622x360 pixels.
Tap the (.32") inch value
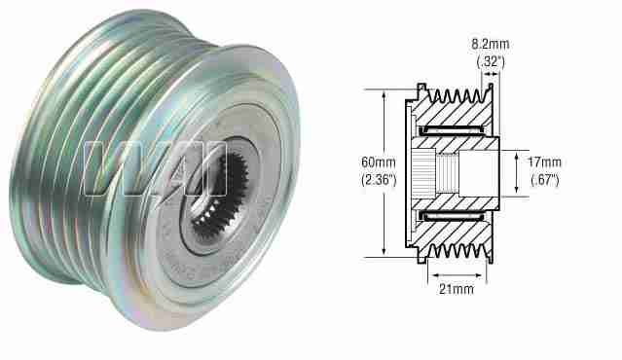click(x=490, y=62)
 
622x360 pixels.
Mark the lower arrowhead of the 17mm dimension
click(x=515, y=193)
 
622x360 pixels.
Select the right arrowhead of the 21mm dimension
click(x=488, y=271)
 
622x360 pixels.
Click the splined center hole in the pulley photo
click(x=215, y=199)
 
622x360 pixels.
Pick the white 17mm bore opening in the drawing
click(x=482, y=173)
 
